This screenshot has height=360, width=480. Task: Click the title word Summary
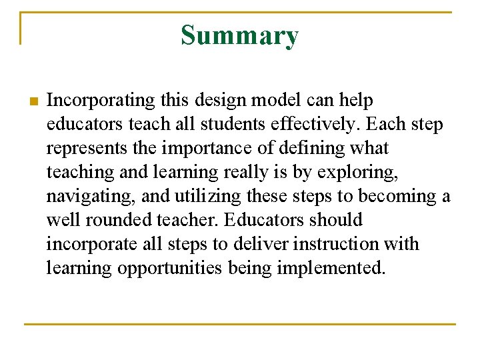(x=239, y=35)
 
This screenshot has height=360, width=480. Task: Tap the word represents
(x=87, y=149)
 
